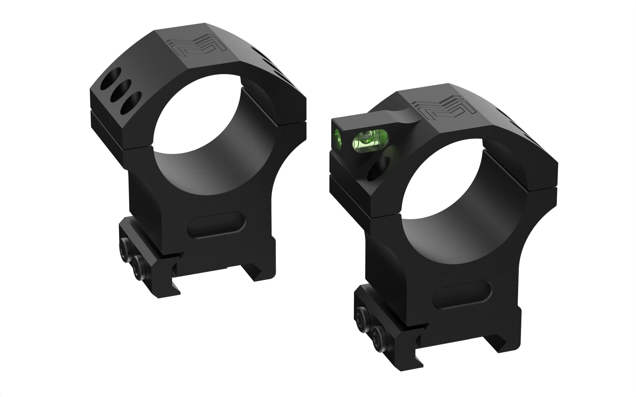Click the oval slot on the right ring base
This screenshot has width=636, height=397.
[461, 295]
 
